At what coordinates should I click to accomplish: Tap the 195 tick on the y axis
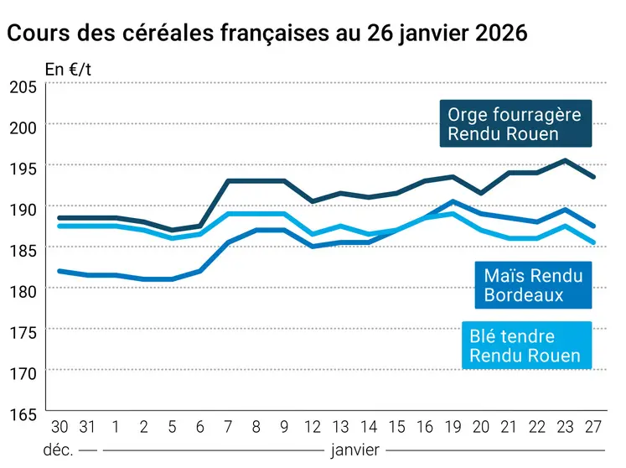click(23, 168)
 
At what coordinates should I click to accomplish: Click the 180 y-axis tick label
click(23, 291)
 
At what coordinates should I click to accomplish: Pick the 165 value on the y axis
click(23, 413)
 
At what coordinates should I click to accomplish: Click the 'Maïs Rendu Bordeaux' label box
click(533, 285)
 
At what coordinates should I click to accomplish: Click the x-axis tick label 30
click(59, 427)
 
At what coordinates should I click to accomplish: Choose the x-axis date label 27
click(594, 427)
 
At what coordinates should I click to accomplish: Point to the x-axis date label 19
click(453, 427)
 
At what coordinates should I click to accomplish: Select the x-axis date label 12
click(312, 427)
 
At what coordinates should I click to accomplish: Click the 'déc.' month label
click(59, 450)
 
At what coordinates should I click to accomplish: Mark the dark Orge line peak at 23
click(566, 160)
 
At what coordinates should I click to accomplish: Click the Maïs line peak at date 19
click(453, 201)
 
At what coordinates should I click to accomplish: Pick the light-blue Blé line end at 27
click(594, 242)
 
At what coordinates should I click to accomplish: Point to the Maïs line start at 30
click(59, 271)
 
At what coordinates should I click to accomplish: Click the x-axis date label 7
click(228, 427)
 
